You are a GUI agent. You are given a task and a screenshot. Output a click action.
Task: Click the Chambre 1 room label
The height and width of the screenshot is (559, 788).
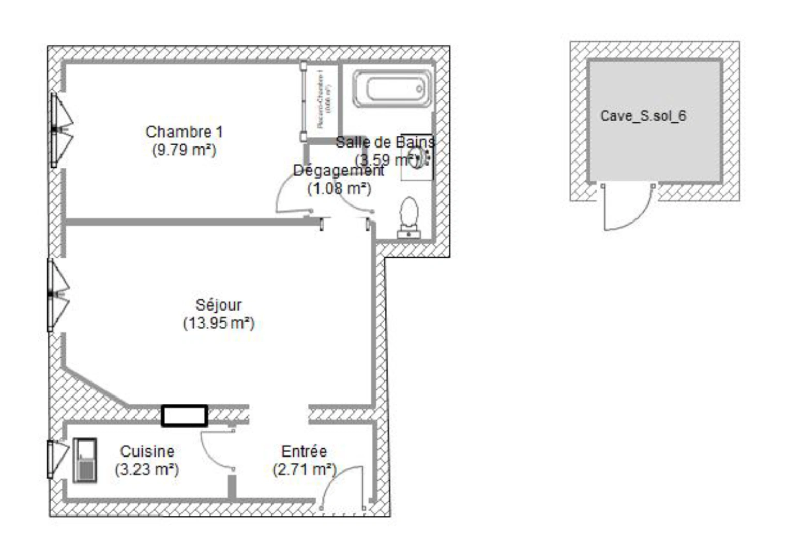[184, 132]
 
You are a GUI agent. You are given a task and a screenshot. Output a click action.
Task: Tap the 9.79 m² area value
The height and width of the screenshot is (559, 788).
[184, 150]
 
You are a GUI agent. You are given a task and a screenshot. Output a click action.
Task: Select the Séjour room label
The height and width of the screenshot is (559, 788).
[218, 305]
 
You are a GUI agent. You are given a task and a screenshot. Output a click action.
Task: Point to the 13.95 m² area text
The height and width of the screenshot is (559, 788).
[218, 323]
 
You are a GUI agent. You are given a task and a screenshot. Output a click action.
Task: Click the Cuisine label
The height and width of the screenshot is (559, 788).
[147, 451]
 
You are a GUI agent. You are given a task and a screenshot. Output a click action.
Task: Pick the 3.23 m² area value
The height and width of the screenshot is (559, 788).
[147, 469]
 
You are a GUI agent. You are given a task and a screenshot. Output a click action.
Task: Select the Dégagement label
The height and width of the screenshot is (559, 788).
[338, 170]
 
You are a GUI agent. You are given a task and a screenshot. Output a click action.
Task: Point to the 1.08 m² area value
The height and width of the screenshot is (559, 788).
[339, 188]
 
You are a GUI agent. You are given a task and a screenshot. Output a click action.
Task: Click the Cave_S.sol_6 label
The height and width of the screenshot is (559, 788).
[643, 116]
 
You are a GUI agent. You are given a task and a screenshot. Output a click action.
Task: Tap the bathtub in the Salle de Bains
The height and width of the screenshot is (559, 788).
[392, 89]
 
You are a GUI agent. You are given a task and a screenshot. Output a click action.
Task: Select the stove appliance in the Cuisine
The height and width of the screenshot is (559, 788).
[84, 460]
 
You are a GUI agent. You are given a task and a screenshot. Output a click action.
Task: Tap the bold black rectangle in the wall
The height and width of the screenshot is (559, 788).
[185, 416]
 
